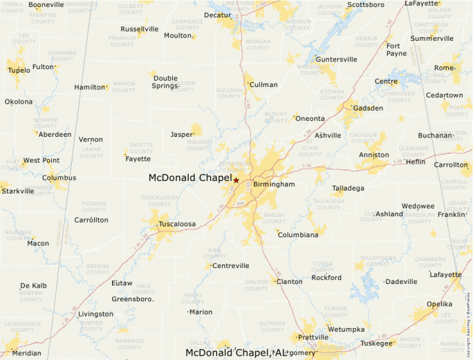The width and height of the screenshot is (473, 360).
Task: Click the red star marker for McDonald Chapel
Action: point(236,180)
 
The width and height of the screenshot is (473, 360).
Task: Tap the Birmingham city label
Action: point(274,184)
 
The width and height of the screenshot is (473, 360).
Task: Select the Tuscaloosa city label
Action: point(177,225)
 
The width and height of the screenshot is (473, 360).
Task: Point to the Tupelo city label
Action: point(19,70)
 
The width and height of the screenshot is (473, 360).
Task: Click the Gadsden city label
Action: point(368,108)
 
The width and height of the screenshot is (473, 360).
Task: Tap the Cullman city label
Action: point(263,85)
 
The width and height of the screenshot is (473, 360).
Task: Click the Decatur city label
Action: point(218,15)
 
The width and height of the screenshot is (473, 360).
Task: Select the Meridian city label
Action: point(26,352)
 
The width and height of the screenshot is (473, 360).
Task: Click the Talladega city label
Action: point(348,188)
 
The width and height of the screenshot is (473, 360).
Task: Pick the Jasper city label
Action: point(182,135)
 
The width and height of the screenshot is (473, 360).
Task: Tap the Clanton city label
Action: point(289,281)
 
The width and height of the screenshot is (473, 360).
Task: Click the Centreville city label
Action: point(230,266)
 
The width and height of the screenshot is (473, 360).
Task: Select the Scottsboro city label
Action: point(365,4)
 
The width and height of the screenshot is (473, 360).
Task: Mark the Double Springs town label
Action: point(165,82)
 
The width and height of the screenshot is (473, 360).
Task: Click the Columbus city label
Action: point(59,178)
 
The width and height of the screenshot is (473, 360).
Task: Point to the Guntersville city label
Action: point(337,59)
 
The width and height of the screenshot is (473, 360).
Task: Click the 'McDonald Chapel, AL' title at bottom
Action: point(236,353)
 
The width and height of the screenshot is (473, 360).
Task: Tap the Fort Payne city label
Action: point(396,49)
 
